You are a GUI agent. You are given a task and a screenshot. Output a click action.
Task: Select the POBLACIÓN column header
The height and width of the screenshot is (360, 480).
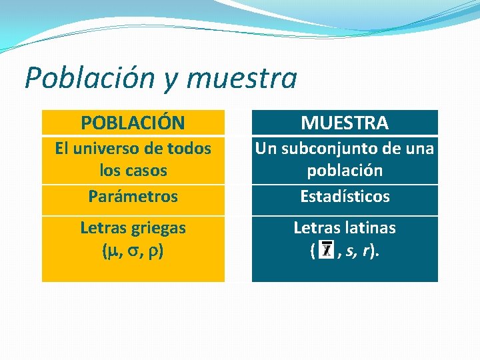pyautogui.click(x=133, y=123)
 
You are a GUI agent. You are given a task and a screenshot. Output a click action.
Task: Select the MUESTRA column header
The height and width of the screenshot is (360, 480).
pyautogui.click(x=345, y=123)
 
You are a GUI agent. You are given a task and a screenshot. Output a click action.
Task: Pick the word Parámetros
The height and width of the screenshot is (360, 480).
pyautogui.click(x=133, y=197)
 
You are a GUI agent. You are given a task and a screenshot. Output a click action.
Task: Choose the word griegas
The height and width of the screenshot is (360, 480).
pyautogui.click(x=159, y=228)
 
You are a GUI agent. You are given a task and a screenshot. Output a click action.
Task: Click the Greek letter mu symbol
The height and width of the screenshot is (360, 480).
pyautogui.click(x=111, y=251)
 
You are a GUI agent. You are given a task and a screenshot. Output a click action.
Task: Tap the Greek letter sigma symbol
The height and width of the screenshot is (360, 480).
pyautogui.click(x=133, y=251)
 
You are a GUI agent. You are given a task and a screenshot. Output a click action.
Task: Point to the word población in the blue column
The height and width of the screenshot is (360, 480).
pyautogui.click(x=345, y=170)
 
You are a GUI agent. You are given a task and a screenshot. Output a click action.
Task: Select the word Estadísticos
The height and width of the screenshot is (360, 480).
pyautogui.click(x=345, y=197)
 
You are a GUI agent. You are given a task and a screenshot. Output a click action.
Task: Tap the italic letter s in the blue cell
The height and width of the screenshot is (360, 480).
pyautogui.click(x=351, y=251)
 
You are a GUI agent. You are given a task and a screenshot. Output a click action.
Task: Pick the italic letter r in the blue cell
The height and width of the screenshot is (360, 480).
pyautogui.click(x=367, y=251)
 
